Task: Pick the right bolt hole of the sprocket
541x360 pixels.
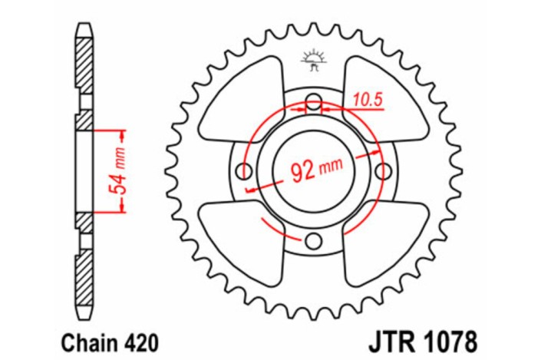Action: click(x=381, y=170)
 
